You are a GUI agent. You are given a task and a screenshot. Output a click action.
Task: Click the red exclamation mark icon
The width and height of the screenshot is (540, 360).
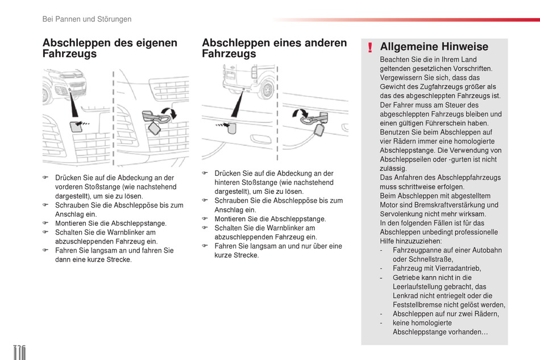coord(370,48)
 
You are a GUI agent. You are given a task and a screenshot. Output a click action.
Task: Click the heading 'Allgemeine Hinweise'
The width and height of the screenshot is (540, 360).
coord(434,47)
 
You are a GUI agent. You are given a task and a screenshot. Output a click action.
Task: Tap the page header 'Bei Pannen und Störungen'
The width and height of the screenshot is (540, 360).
coord(87,19)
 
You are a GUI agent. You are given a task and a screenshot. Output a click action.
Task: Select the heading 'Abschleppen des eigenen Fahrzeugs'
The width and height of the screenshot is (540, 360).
coord(110,48)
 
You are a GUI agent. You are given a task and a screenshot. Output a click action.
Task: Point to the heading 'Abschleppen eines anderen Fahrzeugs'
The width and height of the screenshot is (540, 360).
coord(274,48)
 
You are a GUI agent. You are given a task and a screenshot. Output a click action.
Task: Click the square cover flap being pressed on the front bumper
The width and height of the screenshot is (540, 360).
coord(76,127)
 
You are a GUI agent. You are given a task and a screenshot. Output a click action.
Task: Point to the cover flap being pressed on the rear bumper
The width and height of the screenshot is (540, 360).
coord(232,128)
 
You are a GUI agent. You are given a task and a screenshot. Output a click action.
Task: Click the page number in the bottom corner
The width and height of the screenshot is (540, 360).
coord(20,352)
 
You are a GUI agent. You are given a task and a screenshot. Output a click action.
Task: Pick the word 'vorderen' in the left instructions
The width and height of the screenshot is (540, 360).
coord(69,187)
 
